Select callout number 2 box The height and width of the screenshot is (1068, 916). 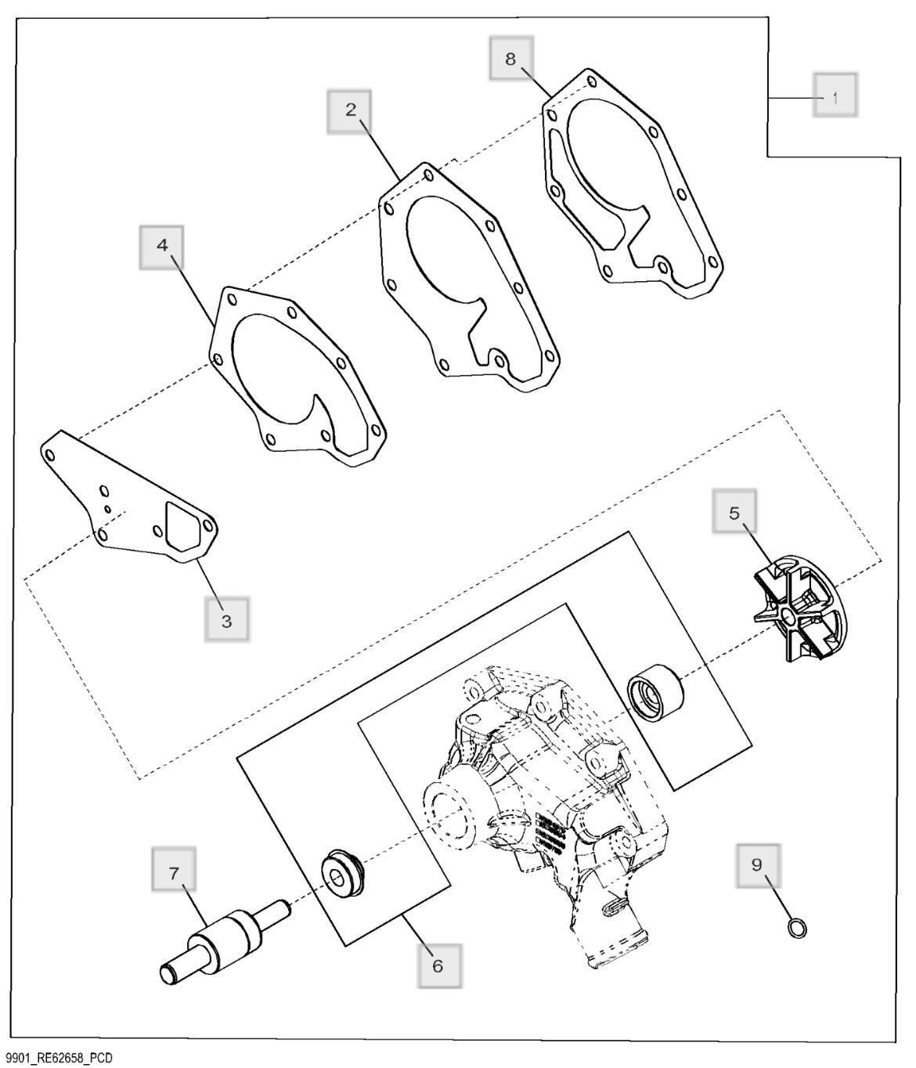[x=350, y=110]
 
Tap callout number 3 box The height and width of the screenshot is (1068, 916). [x=226, y=620]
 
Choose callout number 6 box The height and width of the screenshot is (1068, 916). [x=437, y=965]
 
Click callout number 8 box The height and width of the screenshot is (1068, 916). [x=510, y=60]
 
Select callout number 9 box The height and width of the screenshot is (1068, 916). [x=756, y=865]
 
